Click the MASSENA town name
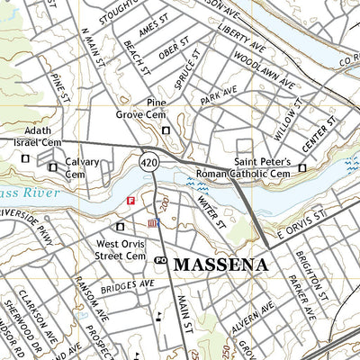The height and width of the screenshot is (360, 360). pyautogui.click(x=220, y=265)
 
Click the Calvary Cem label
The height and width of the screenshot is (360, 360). pyautogui.click(x=81, y=168)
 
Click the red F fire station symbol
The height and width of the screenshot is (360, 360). pyautogui.click(x=131, y=201)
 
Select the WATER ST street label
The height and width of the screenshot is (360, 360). pyautogui.click(x=209, y=212)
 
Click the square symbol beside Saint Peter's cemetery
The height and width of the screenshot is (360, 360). pyautogui.click(x=302, y=167)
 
